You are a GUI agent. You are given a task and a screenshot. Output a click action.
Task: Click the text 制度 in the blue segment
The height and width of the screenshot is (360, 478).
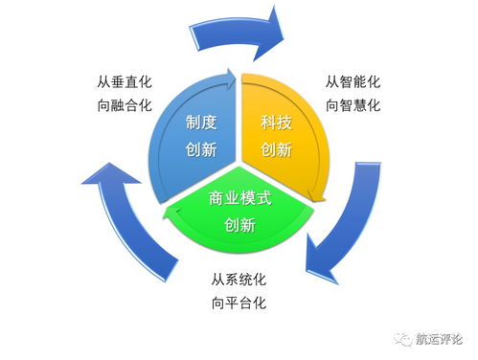204,123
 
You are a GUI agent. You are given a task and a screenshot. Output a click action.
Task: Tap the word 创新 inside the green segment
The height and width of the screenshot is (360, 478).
239,225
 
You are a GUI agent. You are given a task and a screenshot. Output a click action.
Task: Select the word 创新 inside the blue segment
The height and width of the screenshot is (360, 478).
204,150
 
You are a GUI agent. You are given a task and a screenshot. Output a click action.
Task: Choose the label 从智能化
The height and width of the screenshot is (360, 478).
353,82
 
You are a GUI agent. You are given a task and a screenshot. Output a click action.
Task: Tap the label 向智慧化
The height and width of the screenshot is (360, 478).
353,105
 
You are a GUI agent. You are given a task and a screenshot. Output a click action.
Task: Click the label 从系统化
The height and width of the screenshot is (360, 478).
238,281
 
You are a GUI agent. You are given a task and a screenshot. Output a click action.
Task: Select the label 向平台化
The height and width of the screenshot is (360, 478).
238,304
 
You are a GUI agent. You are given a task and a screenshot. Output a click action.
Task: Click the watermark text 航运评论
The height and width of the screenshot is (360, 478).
439,338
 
